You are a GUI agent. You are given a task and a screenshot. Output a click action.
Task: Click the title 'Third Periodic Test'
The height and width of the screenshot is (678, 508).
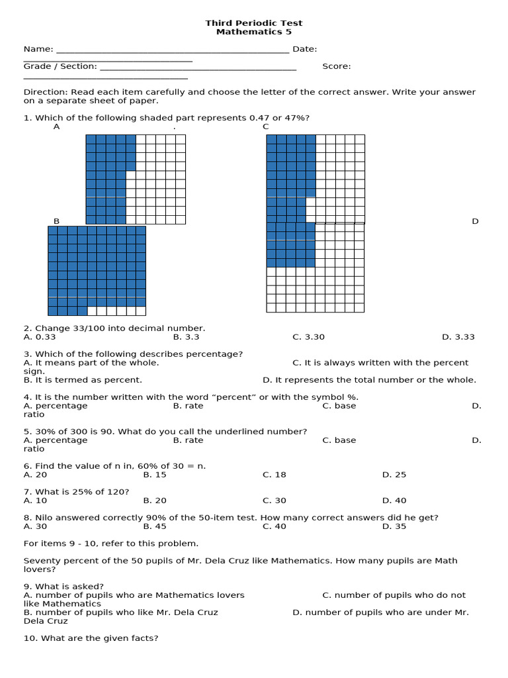coord(254,23)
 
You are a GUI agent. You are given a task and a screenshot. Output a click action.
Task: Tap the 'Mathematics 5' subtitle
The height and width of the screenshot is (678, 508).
coord(254,32)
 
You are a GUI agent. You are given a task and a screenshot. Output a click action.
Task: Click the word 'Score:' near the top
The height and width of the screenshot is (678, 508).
coord(337,66)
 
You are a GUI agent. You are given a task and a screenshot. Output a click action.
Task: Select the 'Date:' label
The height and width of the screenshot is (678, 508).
coord(304,49)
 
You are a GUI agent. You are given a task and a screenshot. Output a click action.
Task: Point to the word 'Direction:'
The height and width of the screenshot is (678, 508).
coord(46,92)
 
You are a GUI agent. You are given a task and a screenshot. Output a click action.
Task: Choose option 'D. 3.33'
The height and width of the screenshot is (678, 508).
coord(458,337)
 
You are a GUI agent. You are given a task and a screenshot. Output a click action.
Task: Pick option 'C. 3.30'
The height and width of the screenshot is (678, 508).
coord(309,337)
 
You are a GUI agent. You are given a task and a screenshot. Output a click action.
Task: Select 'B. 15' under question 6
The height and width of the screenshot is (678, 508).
coord(155,475)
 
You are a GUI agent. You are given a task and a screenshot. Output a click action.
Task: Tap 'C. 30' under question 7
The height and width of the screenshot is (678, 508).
coord(275,501)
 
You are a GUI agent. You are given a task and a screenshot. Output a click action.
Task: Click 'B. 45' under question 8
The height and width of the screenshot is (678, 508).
coord(155,526)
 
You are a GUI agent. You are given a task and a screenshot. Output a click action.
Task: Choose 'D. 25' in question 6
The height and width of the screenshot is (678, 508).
coord(394,475)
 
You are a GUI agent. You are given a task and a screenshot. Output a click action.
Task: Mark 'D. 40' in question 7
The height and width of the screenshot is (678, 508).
coord(394,501)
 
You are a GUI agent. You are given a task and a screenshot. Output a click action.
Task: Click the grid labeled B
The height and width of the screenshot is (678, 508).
coord(97,270)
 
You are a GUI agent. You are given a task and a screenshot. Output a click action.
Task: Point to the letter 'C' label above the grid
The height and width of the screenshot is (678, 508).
coord(266,126)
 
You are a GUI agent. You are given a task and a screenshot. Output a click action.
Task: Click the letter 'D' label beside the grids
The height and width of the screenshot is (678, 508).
coord(475,221)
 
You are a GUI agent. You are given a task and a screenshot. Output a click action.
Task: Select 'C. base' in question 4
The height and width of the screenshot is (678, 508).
coord(339,406)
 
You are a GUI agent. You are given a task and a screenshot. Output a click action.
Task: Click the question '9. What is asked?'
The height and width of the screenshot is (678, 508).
coord(63,587)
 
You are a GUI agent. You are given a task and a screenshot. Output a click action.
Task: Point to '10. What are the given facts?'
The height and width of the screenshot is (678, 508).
coord(91,638)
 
